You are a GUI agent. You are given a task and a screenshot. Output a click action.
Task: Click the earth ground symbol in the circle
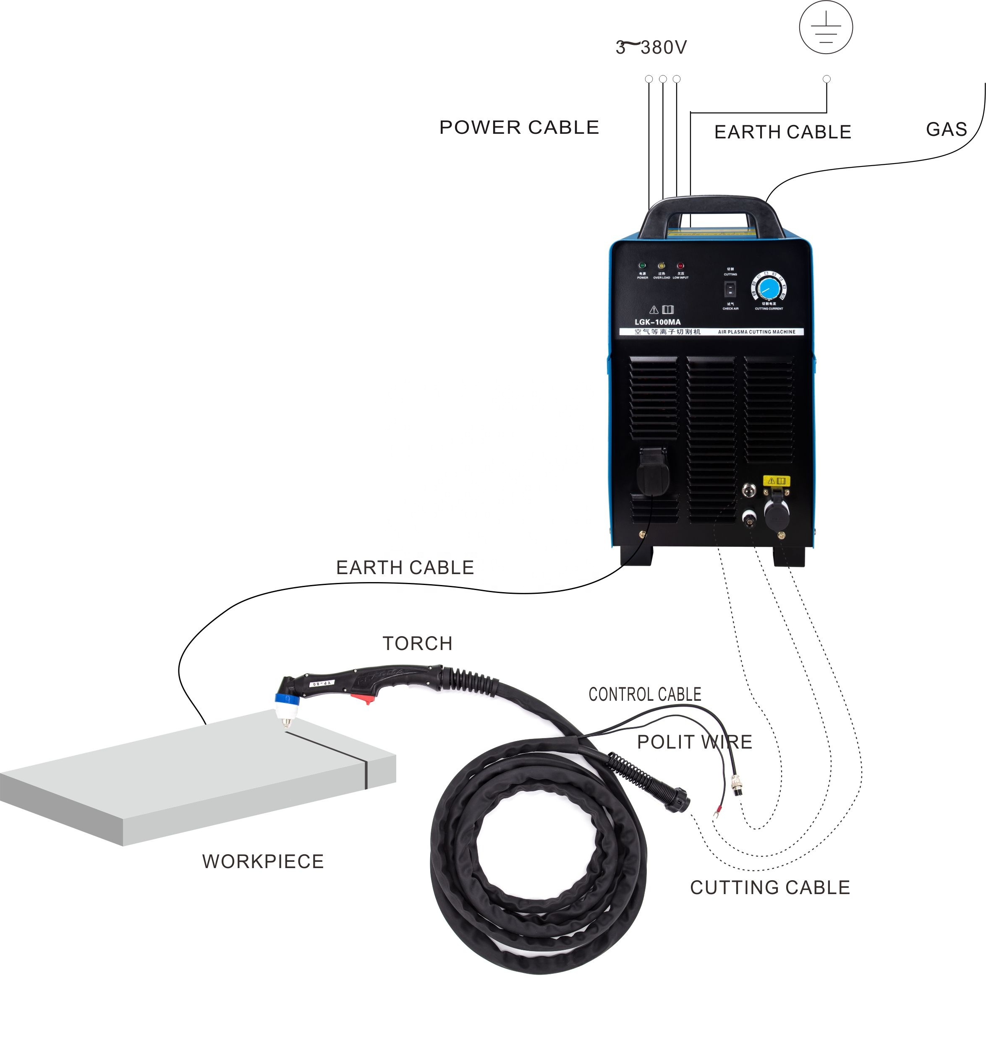[826, 27]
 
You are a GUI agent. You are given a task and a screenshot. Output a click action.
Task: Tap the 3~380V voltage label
[651, 47]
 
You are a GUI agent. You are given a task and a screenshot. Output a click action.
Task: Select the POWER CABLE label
[519, 127]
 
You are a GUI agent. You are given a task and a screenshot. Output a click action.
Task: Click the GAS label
[947, 129]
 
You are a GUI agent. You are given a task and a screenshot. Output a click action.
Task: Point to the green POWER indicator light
[642, 265]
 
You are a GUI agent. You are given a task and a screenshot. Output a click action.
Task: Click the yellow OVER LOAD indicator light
[662, 265]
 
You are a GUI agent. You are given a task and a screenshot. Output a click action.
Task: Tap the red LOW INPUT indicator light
[680, 265]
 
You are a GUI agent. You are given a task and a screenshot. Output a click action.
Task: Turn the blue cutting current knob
[769, 289]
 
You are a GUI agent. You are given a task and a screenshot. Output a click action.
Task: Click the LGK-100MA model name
[657, 322]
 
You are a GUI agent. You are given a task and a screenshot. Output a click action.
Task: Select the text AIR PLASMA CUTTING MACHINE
[756, 332]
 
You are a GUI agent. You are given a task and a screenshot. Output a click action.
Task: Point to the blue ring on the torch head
[281, 698]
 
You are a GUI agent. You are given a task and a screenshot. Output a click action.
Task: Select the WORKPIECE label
[263, 861]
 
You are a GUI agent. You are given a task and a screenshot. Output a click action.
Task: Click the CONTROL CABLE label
[644, 694]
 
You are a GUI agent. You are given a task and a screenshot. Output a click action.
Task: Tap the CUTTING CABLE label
[769, 887]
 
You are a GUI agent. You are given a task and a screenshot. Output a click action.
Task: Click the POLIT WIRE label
[694, 741]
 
